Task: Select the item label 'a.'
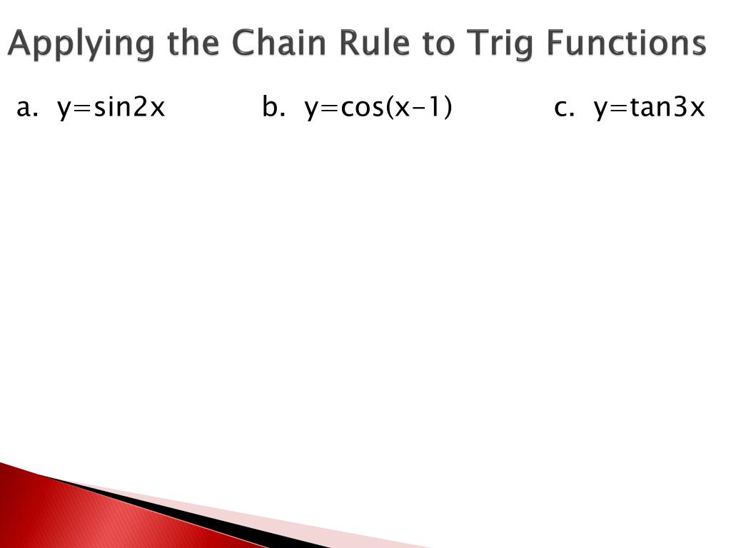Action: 27,108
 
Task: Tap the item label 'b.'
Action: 273,108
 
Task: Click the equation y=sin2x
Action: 111,108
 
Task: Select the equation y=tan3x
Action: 649,108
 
